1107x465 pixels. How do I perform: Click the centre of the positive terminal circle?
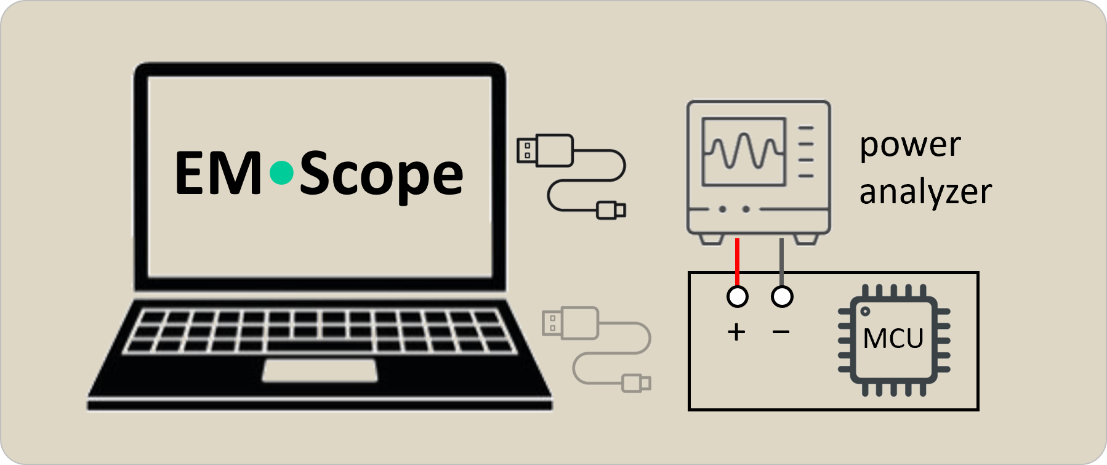click(x=737, y=296)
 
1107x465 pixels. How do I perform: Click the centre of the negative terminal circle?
click(x=782, y=296)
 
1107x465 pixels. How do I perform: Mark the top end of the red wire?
click(x=737, y=238)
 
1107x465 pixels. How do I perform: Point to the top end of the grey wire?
click(x=781, y=238)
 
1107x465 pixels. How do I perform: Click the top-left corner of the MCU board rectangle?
click(x=689, y=272)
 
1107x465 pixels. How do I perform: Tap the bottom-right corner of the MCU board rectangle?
click(x=978, y=410)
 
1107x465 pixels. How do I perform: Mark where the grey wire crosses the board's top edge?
click(x=781, y=272)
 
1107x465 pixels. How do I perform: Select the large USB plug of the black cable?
click(x=545, y=150)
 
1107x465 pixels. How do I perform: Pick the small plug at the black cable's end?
click(x=611, y=210)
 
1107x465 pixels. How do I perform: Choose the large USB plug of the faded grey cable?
click(x=570, y=323)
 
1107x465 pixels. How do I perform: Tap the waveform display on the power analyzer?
click(x=744, y=152)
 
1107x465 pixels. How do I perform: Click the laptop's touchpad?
click(x=320, y=370)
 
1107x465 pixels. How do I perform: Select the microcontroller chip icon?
click(x=894, y=340)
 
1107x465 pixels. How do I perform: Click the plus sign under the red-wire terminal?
click(x=736, y=333)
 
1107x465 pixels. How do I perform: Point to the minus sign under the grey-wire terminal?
click(x=781, y=333)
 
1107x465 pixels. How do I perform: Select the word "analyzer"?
click(x=925, y=192)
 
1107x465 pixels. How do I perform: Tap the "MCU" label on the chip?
click(x=893, y=338)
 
